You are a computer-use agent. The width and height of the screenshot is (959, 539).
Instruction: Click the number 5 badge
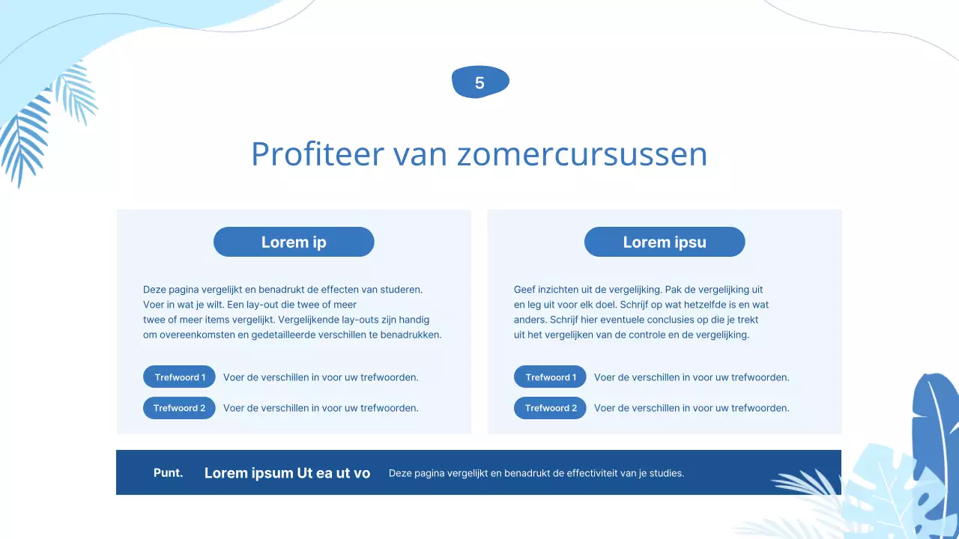point(480,82)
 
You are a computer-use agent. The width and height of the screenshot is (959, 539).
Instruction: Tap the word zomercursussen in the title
point(582,154)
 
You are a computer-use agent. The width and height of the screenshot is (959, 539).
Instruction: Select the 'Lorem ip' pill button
point(294,242)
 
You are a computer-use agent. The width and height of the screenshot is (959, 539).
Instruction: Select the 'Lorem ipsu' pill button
point(665,242)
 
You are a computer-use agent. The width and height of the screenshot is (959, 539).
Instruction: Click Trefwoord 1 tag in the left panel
point(179,377)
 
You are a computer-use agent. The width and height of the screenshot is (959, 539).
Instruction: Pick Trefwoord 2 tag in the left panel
point(179,408)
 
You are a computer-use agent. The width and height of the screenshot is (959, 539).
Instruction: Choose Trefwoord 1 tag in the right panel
point(550,377)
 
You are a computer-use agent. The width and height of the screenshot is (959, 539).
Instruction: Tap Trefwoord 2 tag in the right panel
point(550,408)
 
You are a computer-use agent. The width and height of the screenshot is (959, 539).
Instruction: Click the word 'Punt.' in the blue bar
point(168,472)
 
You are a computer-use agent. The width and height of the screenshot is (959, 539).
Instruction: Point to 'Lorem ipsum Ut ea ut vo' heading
point(287,473)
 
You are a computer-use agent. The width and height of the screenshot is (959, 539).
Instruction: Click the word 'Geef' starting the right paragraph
point(524,289)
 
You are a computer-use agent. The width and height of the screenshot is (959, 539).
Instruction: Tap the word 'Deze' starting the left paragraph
point(154,289)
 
